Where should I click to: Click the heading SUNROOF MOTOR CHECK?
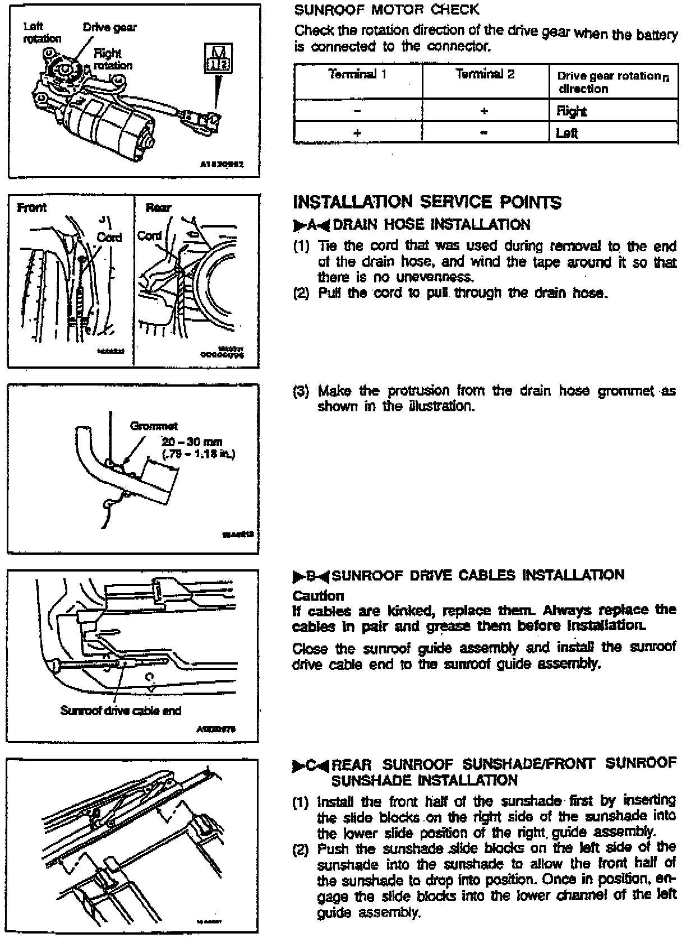(386, 10)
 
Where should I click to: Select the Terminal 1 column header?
(357, 74)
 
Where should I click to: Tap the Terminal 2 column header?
(485, 74)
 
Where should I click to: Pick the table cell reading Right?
(572, 112)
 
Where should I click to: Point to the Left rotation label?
(42, 32)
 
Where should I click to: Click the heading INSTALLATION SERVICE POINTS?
(427, 202)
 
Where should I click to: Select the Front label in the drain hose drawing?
(32, 208)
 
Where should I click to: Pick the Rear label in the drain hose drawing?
(158, 208)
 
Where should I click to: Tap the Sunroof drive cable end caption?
(121, 711)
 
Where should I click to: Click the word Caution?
(318, 595)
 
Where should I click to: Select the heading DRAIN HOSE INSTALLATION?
(431, 225)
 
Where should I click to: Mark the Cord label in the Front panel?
(109, 237)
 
